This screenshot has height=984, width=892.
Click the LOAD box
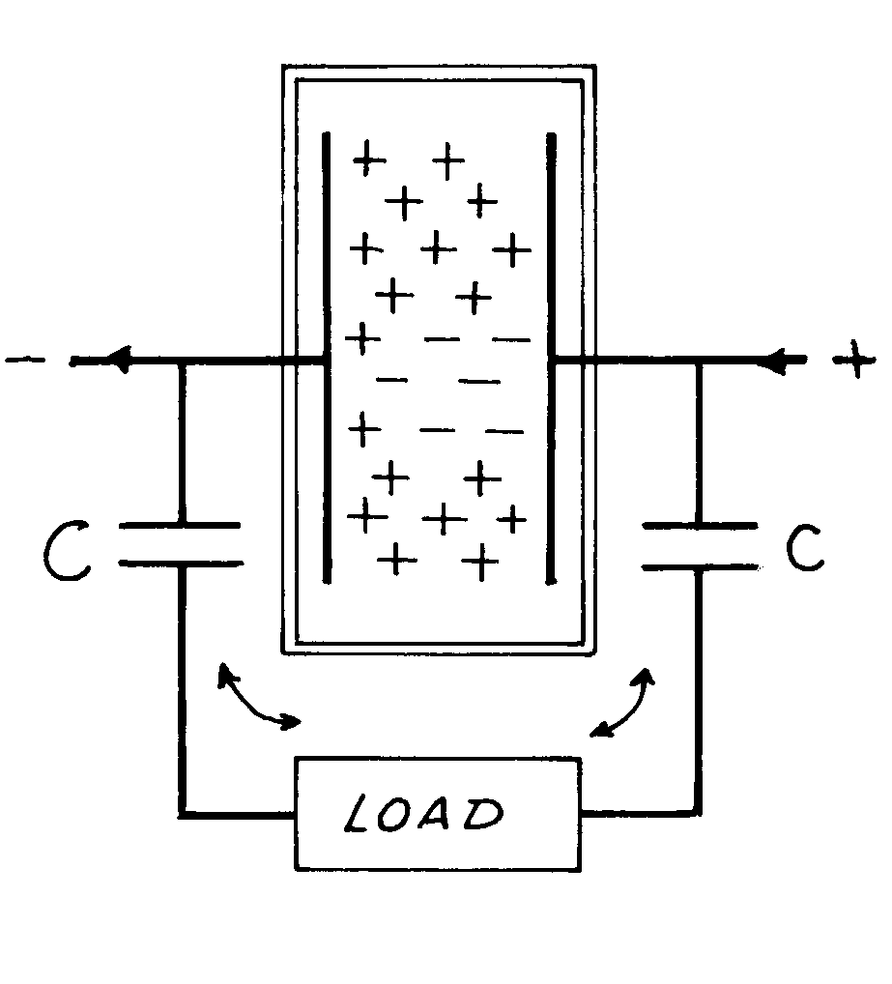pos(438,814)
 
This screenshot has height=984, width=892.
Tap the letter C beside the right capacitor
pos(803,549)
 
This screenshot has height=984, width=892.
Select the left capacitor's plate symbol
pos(181,543)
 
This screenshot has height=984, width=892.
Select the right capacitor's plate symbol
pos(699,544)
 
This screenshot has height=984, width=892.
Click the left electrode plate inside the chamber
pos(327,358)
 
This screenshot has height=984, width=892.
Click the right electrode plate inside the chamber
pos(552,358)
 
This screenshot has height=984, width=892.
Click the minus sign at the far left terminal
pos(21,362)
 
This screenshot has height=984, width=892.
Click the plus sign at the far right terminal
pos(853,362)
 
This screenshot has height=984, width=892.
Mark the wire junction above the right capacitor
pos(699,362)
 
